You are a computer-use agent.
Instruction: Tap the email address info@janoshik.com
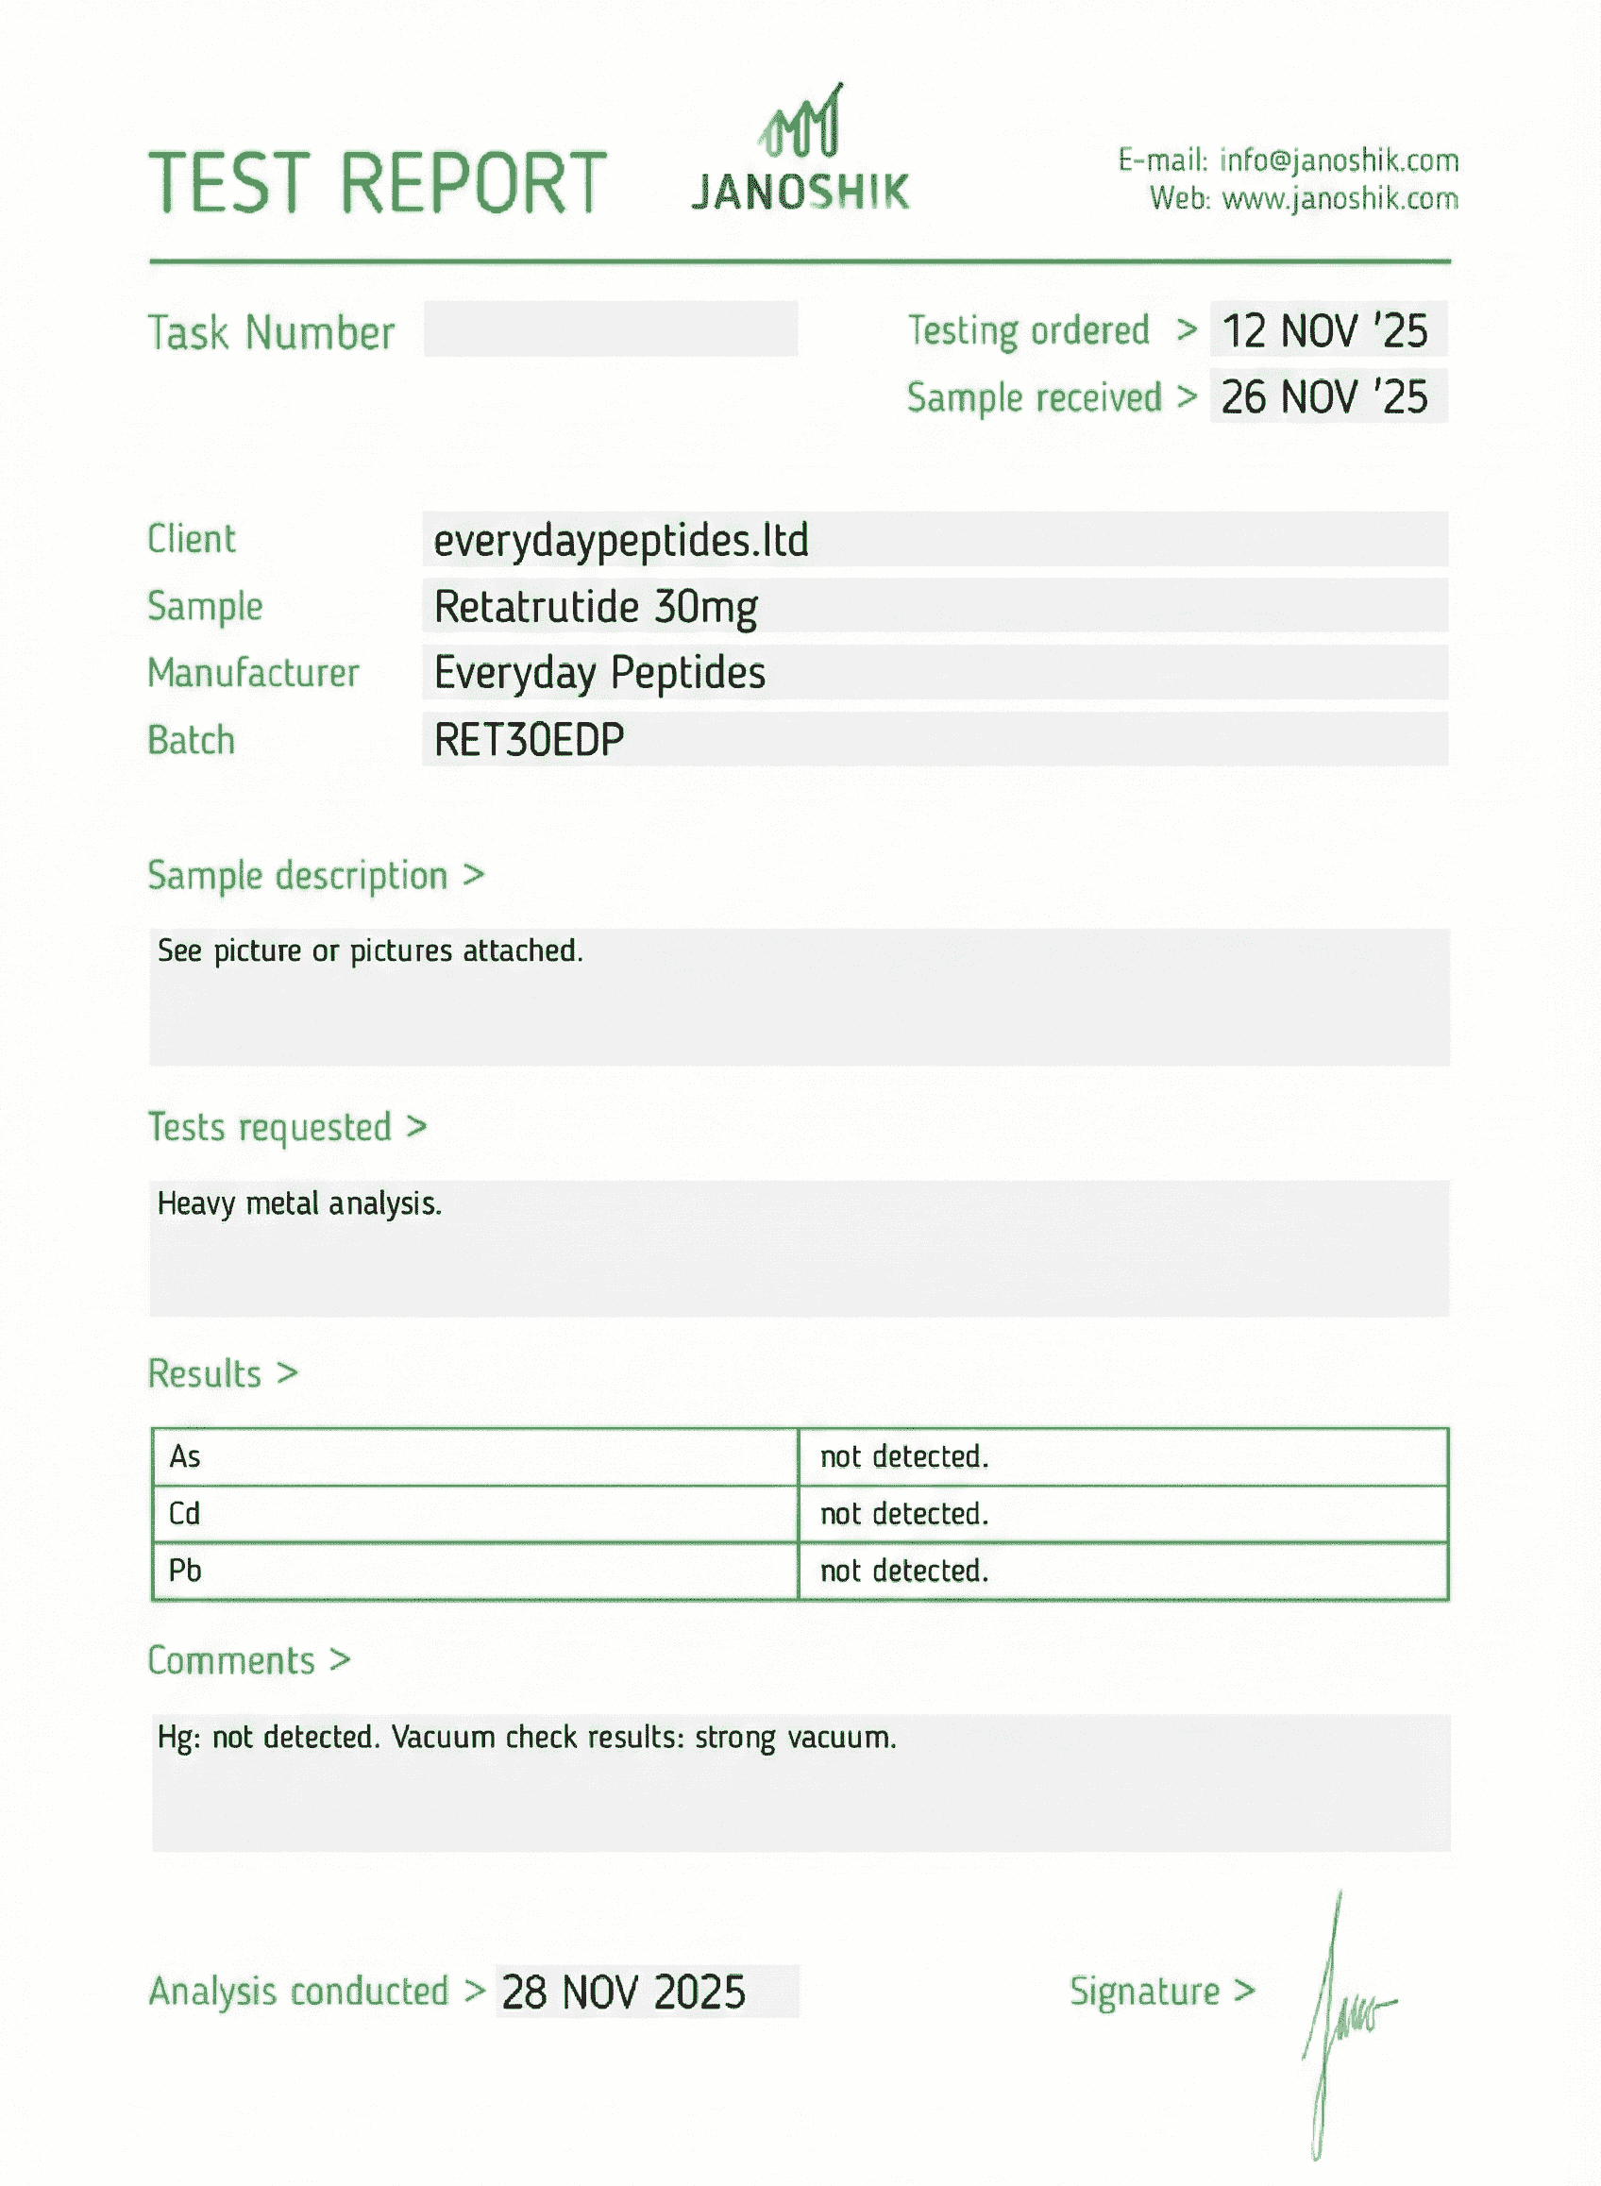click(1339, 160)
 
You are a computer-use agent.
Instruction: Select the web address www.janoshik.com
click(1340, 198)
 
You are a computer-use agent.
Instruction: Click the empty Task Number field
click(610, 328)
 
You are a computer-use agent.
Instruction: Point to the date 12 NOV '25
click(1323, 330)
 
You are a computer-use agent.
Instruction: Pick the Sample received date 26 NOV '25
click(1323, 397)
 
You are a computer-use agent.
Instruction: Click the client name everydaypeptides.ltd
click(620, 541)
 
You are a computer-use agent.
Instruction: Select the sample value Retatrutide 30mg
click(595, 608)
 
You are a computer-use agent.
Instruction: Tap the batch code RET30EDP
click(529, 740)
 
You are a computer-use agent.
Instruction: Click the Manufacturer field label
click(253, 672)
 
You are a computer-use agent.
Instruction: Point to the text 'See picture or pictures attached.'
click(370, 950)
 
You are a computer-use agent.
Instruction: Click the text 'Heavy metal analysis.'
click(299, 1203)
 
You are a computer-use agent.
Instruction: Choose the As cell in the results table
click(185, 1456)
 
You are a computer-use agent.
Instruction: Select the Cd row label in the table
click(184, 1514)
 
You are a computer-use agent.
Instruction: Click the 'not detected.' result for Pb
click(904, 1571)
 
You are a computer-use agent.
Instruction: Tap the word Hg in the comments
click(177, 1738)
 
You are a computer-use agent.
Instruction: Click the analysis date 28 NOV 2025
click(623, 1993)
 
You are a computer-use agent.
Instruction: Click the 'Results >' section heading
click(223, 1374)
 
